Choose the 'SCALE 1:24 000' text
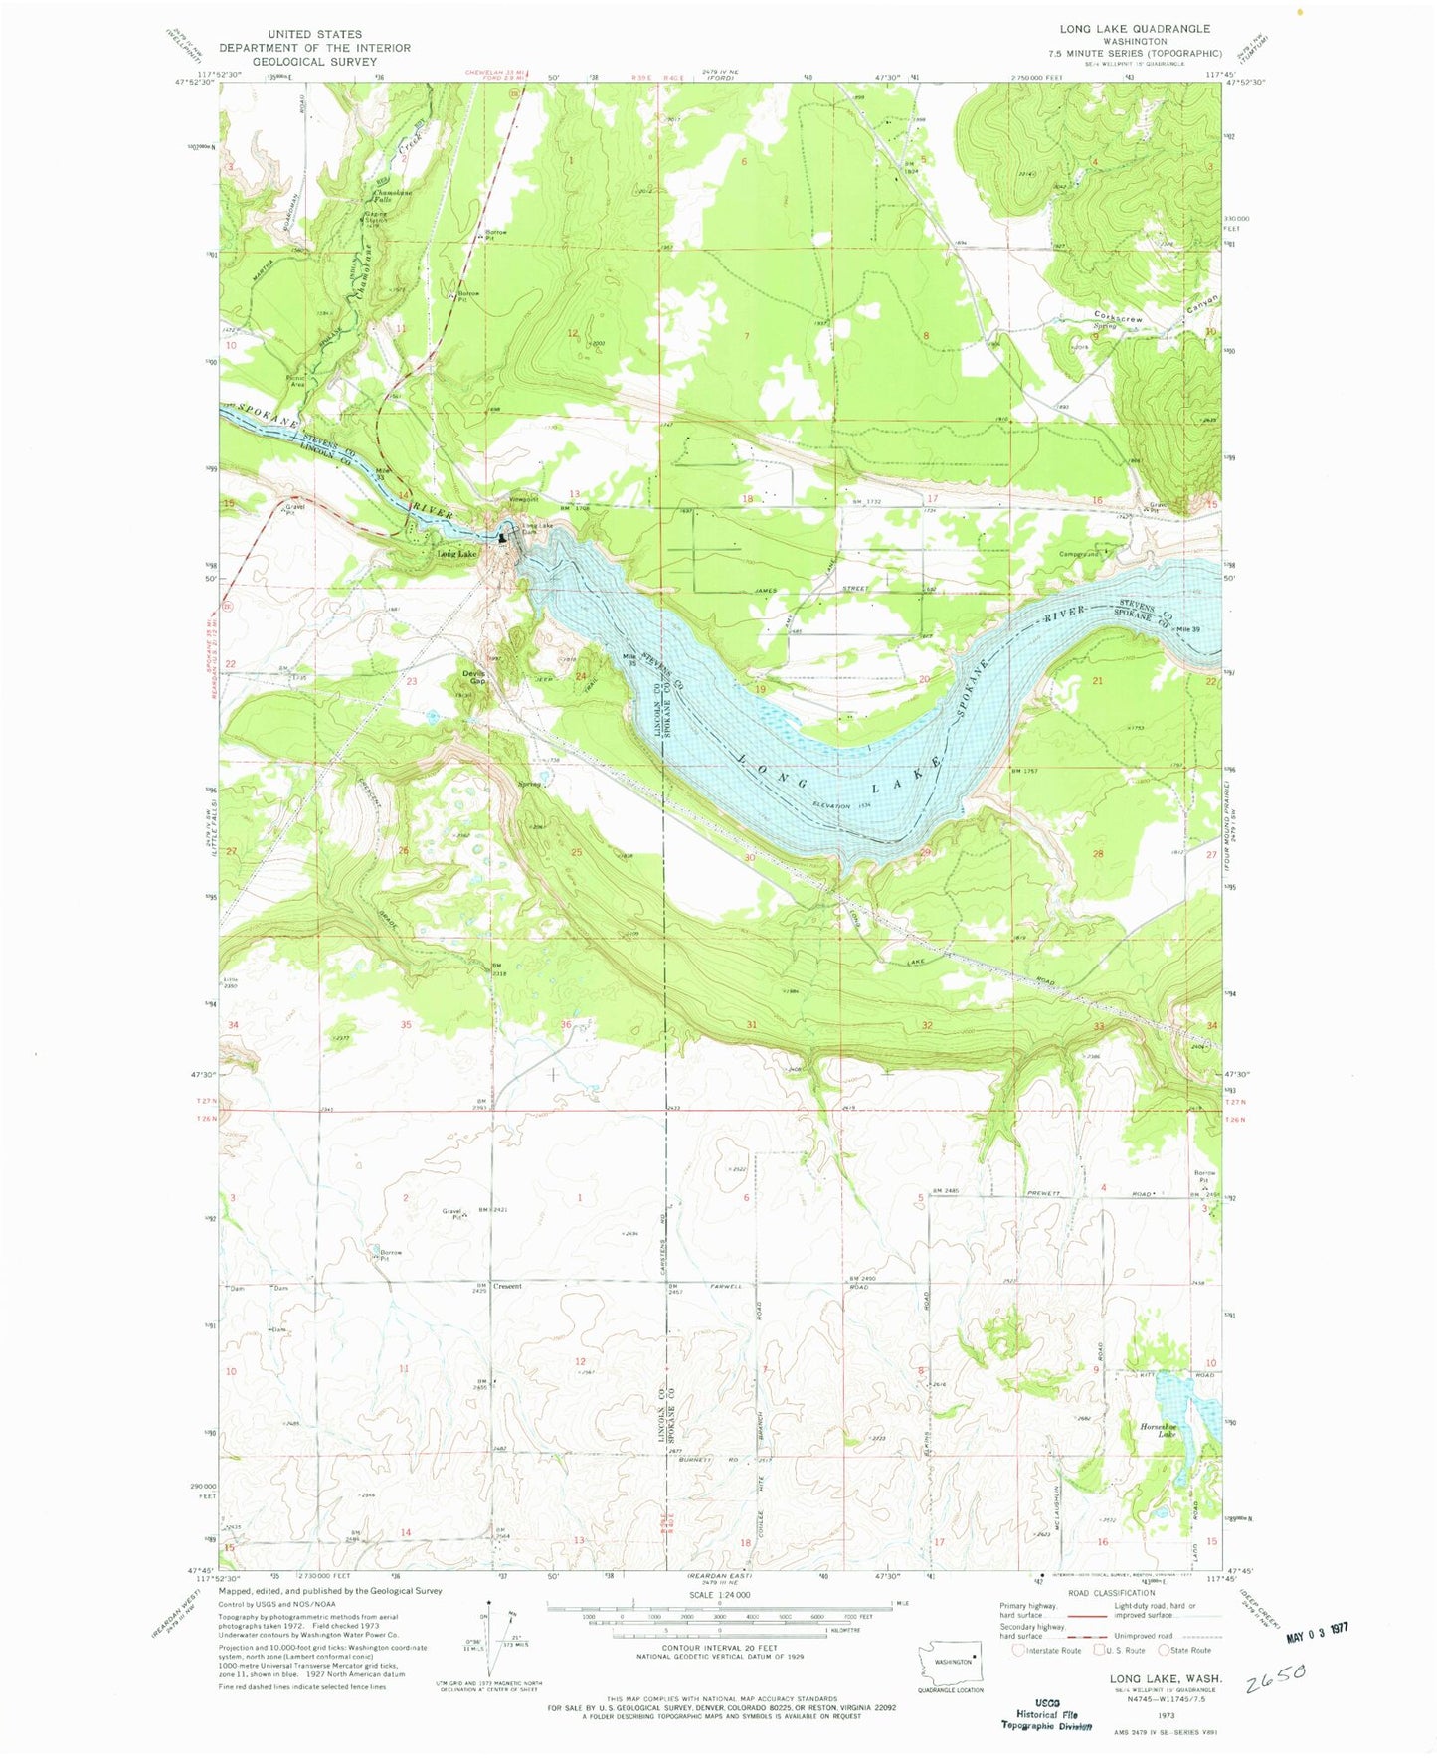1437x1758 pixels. coord(718,1594)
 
